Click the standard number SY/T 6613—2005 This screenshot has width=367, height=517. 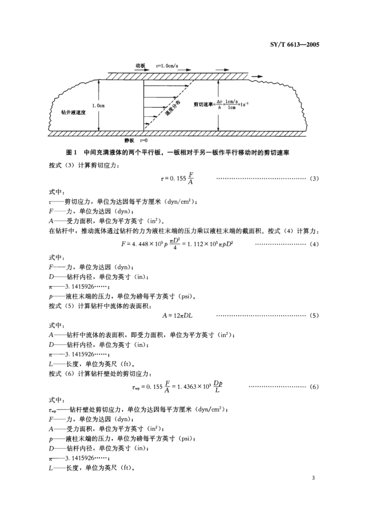294,45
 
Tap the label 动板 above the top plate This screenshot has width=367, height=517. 141,66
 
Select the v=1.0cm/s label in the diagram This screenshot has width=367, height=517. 167,66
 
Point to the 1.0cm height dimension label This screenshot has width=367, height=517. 98,106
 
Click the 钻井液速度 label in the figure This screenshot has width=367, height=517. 73,112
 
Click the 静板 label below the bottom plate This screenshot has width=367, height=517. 129,140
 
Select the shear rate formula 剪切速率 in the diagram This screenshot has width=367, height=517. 220,105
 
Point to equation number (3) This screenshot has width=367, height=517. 314,178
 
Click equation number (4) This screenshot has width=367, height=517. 314,244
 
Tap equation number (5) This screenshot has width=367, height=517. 314,315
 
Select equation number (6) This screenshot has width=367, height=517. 314,387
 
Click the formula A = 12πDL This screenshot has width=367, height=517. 178,315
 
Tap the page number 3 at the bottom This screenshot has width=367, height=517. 313,478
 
